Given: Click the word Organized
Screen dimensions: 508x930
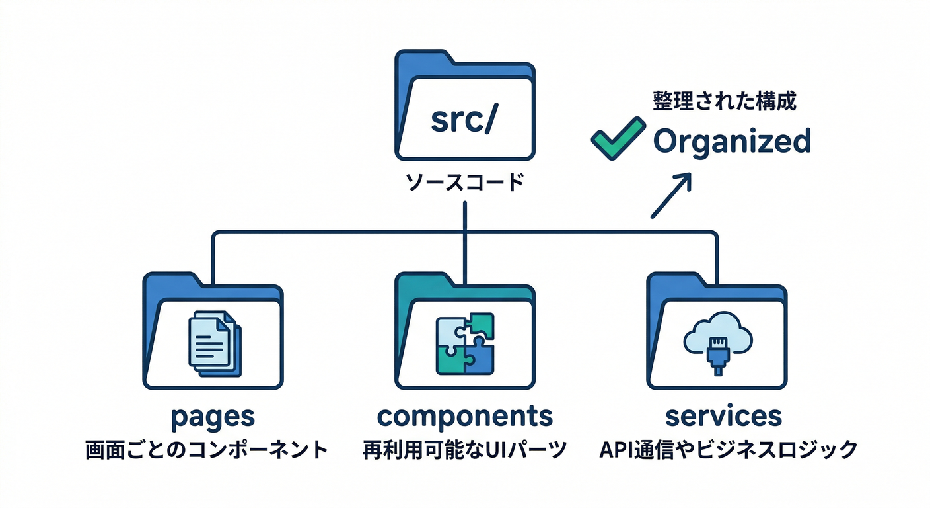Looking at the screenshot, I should point(731,141).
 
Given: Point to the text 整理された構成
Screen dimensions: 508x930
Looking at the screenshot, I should point(725,101).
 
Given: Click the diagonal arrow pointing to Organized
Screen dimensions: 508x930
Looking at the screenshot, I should point(670,195).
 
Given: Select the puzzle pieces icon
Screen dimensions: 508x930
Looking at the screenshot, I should point(464,343).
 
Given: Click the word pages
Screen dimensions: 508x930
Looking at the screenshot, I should point(212,417).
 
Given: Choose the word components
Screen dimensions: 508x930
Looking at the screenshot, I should point(464,417).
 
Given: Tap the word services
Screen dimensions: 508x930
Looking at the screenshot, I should point(723,417).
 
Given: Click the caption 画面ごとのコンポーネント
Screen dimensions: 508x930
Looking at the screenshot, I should point(207,450).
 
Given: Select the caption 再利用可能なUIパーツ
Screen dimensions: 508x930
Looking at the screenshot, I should point(464,450).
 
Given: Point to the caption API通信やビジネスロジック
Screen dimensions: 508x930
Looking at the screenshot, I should point(728,450).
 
